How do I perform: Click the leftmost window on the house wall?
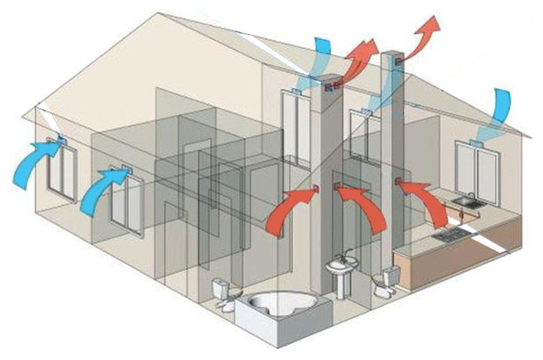pyautogui.click(x=59, y=167)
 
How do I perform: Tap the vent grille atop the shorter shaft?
pyautogui.click(x=330, y=88)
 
